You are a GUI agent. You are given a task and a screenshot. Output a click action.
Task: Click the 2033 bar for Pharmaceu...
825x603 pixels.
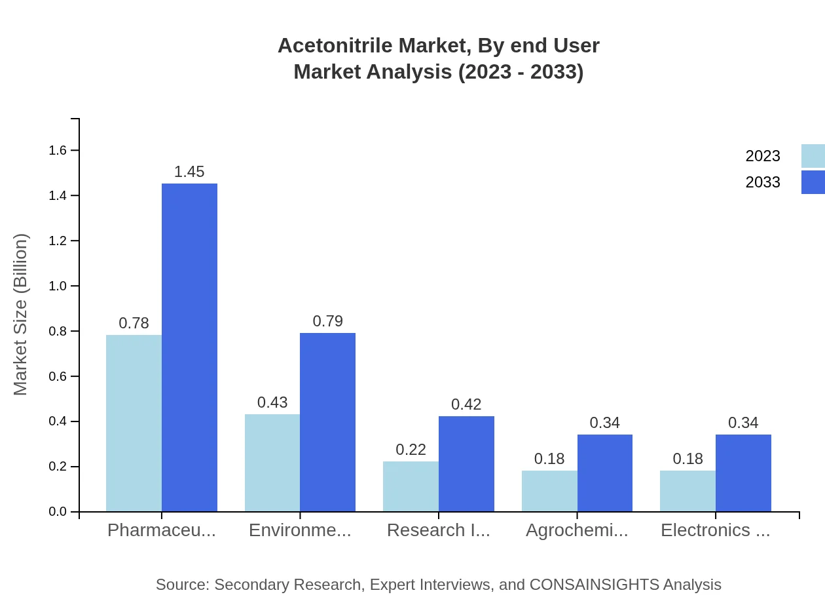click(x=189, y=347)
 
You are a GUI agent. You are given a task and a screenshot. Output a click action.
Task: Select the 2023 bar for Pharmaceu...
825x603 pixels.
click(x=134, y=423)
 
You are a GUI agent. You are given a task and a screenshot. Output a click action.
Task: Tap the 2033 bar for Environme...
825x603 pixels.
click(x=327, y=422)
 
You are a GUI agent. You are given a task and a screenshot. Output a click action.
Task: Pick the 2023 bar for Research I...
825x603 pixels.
click(x=411, y=486)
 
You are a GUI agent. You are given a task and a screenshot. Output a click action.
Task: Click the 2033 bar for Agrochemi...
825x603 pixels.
click(x=605, y=473)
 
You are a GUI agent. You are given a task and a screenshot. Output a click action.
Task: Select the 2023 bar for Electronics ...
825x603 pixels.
click(x=687, y=491)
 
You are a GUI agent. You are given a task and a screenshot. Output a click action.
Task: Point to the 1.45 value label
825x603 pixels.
click(x=189, y=172)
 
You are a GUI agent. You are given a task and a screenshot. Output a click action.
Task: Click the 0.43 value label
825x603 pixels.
click(x=272, y=402)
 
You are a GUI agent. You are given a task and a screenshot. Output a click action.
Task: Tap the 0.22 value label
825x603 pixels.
click(x=411, y=450)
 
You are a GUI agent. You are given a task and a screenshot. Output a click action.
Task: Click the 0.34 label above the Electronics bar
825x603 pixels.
click(x=743, y=423)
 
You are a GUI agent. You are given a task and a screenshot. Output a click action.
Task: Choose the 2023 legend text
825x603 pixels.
click(x=763, y=156)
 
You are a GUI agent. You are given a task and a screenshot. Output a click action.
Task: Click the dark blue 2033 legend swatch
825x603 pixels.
click(x=813, y=182)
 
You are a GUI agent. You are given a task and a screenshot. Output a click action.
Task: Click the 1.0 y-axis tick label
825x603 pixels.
click(x=58, y=286)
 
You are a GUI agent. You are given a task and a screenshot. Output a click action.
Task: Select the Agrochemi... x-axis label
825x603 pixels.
click(x=577, y=530)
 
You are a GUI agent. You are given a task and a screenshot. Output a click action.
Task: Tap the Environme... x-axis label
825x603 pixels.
click(x=300, y=530)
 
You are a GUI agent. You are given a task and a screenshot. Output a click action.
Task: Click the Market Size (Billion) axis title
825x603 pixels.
click(x=21, y=315)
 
